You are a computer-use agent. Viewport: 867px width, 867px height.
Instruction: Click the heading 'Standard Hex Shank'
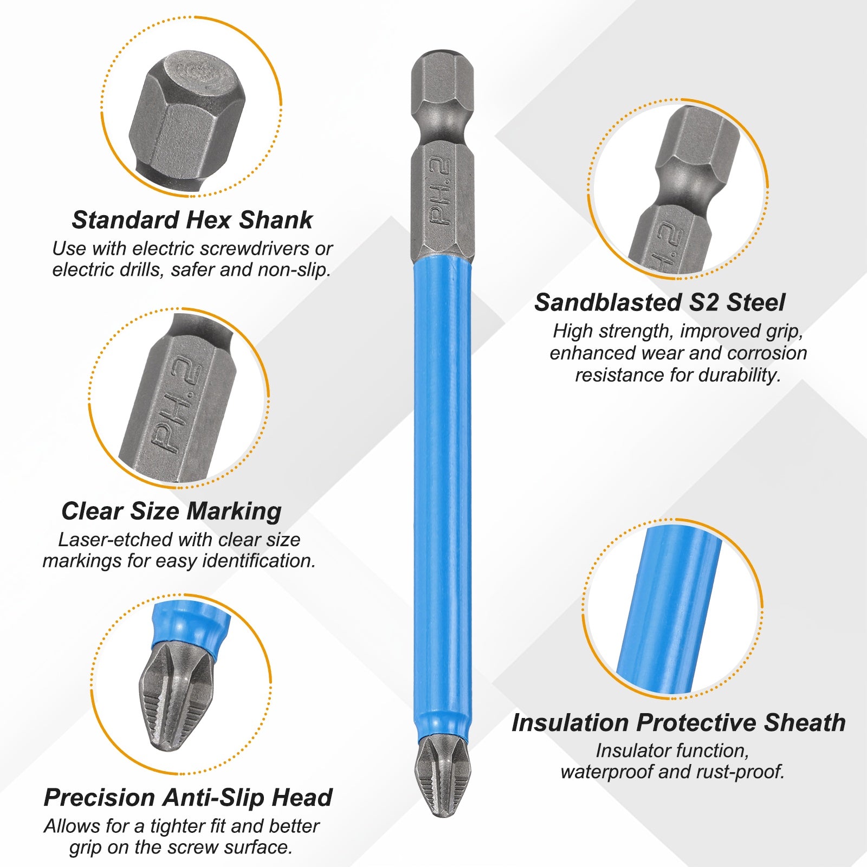coord(192,220)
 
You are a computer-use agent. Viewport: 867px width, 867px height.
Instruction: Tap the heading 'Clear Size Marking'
coord(171,511)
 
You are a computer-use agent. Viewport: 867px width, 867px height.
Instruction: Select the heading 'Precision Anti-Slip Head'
coord(188,797)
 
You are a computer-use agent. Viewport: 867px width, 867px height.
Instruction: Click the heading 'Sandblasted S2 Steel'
coord(659,302)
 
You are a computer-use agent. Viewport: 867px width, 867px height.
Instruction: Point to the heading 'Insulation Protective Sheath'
coord(678,722)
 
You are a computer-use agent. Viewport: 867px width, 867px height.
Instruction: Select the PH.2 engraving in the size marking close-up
coord(177,406)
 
